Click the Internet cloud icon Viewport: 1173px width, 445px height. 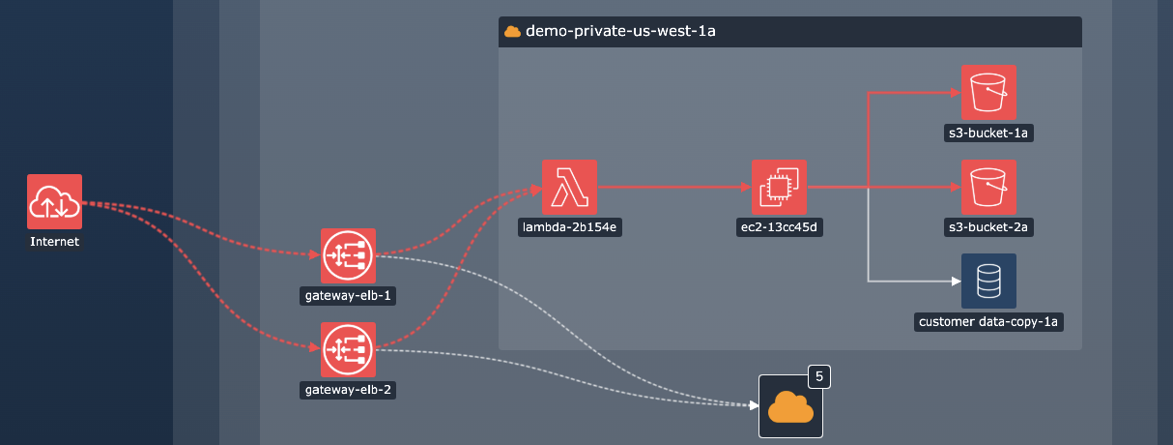[54, 202]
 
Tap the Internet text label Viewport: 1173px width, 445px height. [54, 242]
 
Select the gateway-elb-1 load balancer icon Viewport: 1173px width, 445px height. [348, 256]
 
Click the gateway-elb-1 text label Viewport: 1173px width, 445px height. [348, 296]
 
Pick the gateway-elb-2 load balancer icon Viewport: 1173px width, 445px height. [348, 350]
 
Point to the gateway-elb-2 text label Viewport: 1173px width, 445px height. [348, 391]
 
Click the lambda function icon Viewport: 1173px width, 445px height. [570, 188]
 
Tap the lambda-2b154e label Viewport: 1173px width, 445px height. [570, 228]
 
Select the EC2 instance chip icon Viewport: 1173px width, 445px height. [779, 188]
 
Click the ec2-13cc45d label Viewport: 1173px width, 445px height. [779, 228]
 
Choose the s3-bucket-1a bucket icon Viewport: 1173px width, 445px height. [988, 93]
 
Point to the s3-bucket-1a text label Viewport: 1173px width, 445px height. [988, 133]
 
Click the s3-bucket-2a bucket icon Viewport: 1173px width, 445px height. [988, 188]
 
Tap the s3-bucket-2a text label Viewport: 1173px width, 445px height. [988, 228]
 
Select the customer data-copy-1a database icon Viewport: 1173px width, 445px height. [988, 281]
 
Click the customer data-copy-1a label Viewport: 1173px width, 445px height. [988, 322]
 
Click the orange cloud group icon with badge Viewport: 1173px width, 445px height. [790, 408]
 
